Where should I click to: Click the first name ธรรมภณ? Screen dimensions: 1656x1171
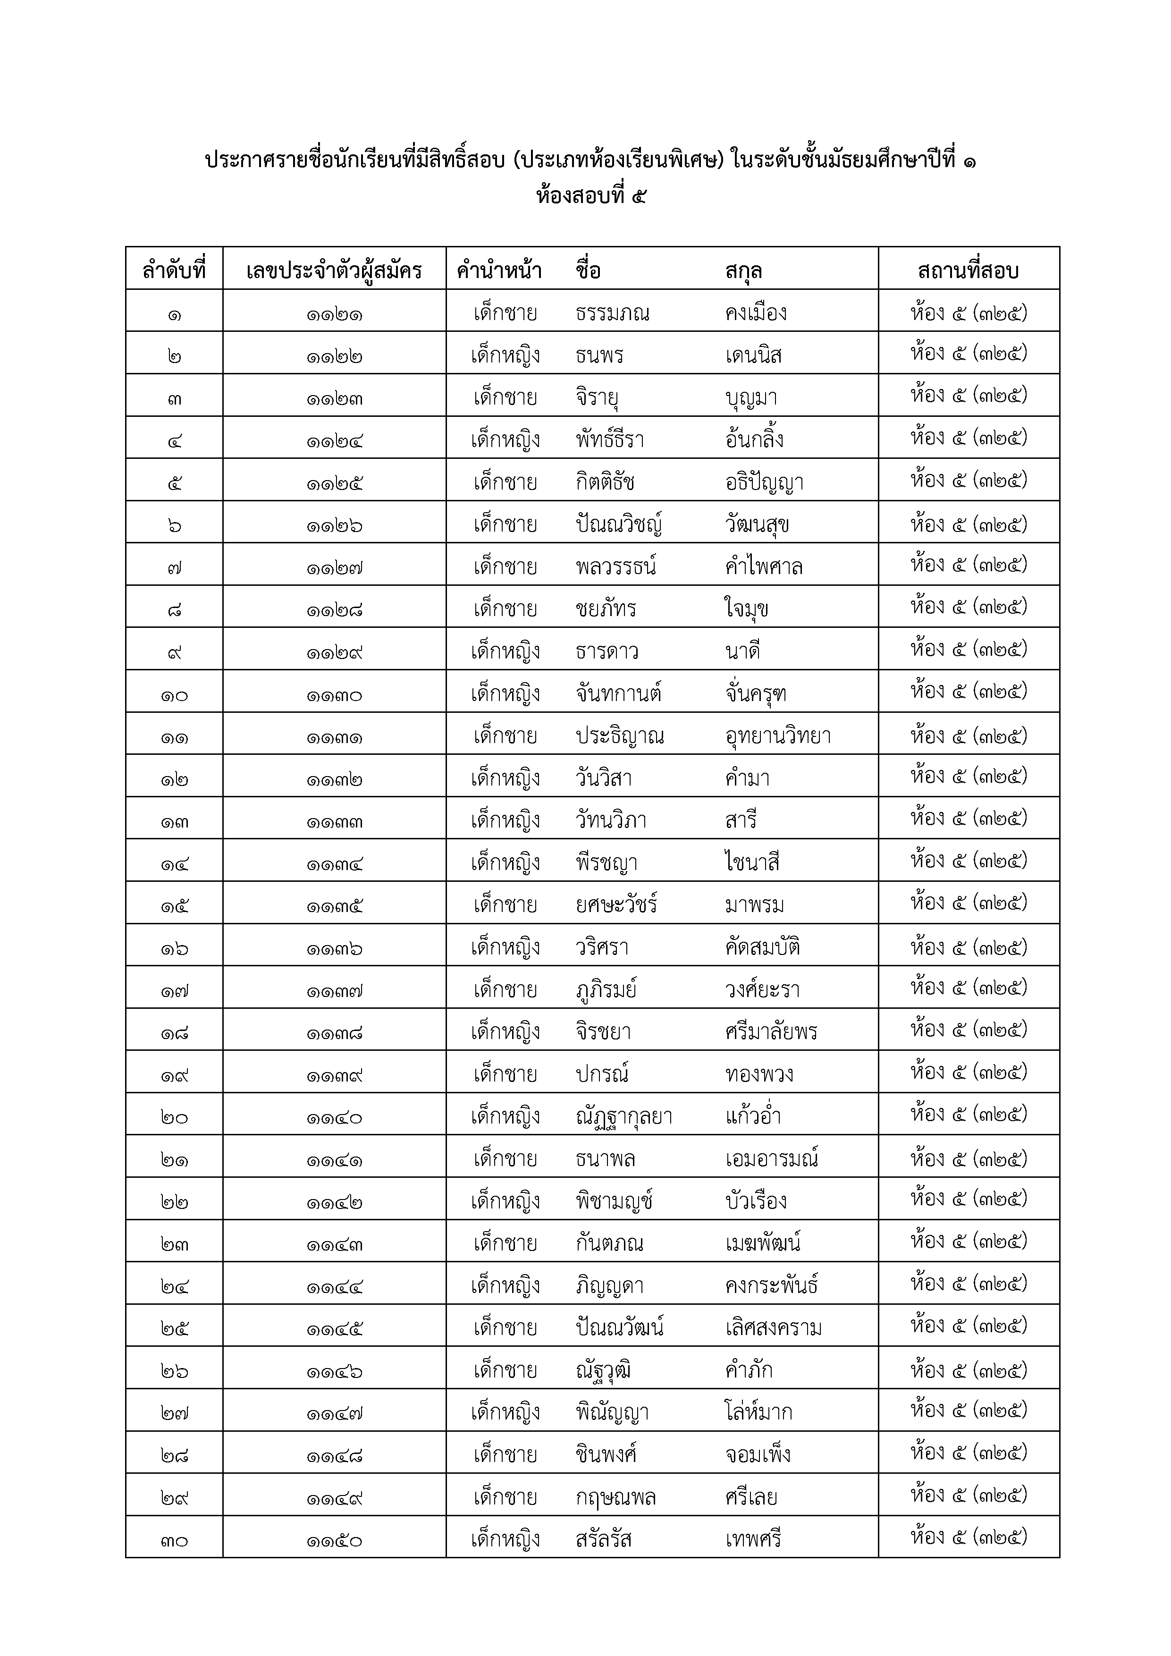coord(612,313)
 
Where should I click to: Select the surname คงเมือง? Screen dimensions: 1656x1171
coord(756,313)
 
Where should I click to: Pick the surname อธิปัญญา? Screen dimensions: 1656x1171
coord(764,482)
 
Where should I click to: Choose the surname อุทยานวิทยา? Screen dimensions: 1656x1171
coord(778,736)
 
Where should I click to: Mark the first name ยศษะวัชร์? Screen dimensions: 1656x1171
coord(616,904)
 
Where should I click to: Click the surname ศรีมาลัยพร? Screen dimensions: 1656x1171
coord(771,1032)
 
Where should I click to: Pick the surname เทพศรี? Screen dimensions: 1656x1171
coord(753,1540)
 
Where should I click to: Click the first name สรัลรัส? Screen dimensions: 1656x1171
coord(604,1540)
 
